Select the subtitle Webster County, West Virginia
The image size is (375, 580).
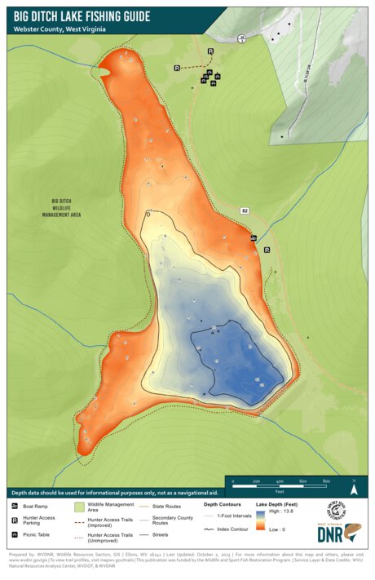coord(60,29)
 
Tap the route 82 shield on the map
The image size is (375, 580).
coord(244,210)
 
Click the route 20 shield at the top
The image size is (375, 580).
coord(241,38)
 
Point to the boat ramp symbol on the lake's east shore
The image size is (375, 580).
coord(254,238)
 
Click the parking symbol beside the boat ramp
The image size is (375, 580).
coord(267,250)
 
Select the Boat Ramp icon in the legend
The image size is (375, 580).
coord(15,507)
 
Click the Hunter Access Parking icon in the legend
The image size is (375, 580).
coord(15,519)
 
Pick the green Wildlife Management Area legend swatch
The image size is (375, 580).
coord(80,507)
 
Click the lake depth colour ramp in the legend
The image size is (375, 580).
coord(260,521)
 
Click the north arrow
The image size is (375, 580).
coord(354,490)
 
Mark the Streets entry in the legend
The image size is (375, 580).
coord(158,534)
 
